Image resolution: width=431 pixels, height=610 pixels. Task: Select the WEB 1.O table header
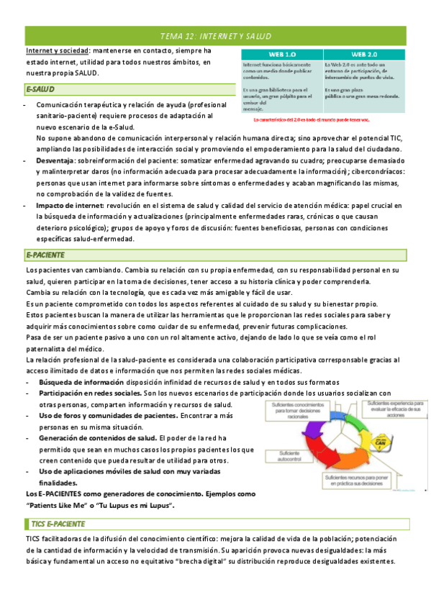(x=281, y=54)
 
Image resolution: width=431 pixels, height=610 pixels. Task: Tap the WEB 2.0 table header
(x=365, y=54)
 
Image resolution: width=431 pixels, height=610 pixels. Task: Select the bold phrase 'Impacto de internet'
(x=67, y=205)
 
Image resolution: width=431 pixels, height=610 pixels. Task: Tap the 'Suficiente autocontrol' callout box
(x=285, y=457)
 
